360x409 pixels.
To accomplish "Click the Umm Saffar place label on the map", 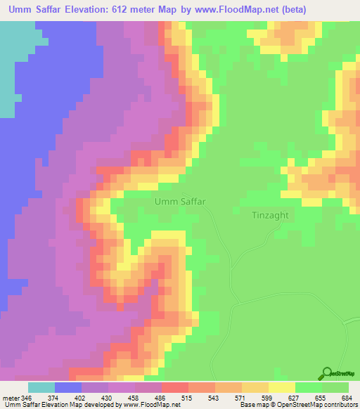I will tap(179, 201).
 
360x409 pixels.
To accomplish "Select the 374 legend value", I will tap(53, 398).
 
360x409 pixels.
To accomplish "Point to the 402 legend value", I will tap(80, 398).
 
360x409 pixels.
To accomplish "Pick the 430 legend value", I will tap(107, 398).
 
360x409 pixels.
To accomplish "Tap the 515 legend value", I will tap(187, 398).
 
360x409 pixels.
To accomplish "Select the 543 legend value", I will tap(214, 398).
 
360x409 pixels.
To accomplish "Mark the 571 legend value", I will tap(240, 398).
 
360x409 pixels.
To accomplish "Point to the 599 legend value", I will tap(267, 398).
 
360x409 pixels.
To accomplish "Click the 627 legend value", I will tap(294, 398).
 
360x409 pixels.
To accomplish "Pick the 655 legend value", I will tap(321, 398).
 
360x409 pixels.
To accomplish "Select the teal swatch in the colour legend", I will tap(41, 387).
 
